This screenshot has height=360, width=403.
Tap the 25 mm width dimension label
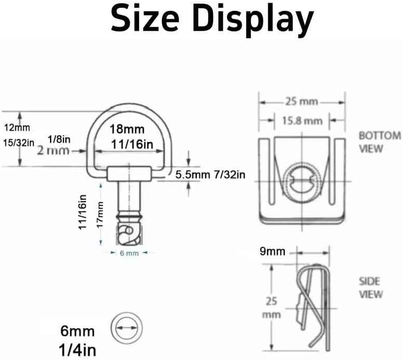pos(302,101)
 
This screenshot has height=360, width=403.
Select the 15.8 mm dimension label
pos(302,121)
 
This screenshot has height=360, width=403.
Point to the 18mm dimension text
pos(127,129)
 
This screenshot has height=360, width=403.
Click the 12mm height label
pos(17,127)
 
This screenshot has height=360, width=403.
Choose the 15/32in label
pos(19,143)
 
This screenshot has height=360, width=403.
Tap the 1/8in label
pos(59,139)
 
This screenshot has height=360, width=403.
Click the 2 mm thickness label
pos(53,150)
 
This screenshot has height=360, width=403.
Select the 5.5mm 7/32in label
pos(210,175)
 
